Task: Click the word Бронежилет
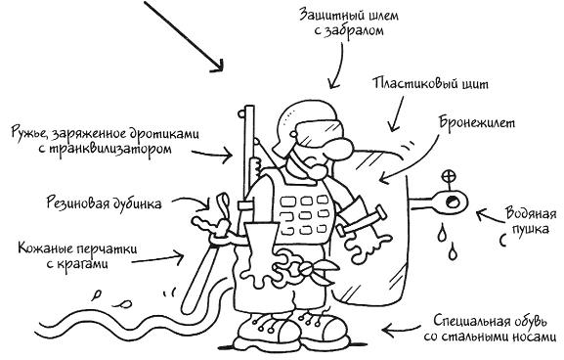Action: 477,123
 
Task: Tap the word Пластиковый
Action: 412,83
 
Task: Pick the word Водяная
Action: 531,213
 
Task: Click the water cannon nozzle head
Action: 451,202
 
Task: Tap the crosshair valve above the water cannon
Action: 450,177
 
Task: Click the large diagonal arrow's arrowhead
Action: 218,66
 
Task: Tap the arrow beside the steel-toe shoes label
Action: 401,330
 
